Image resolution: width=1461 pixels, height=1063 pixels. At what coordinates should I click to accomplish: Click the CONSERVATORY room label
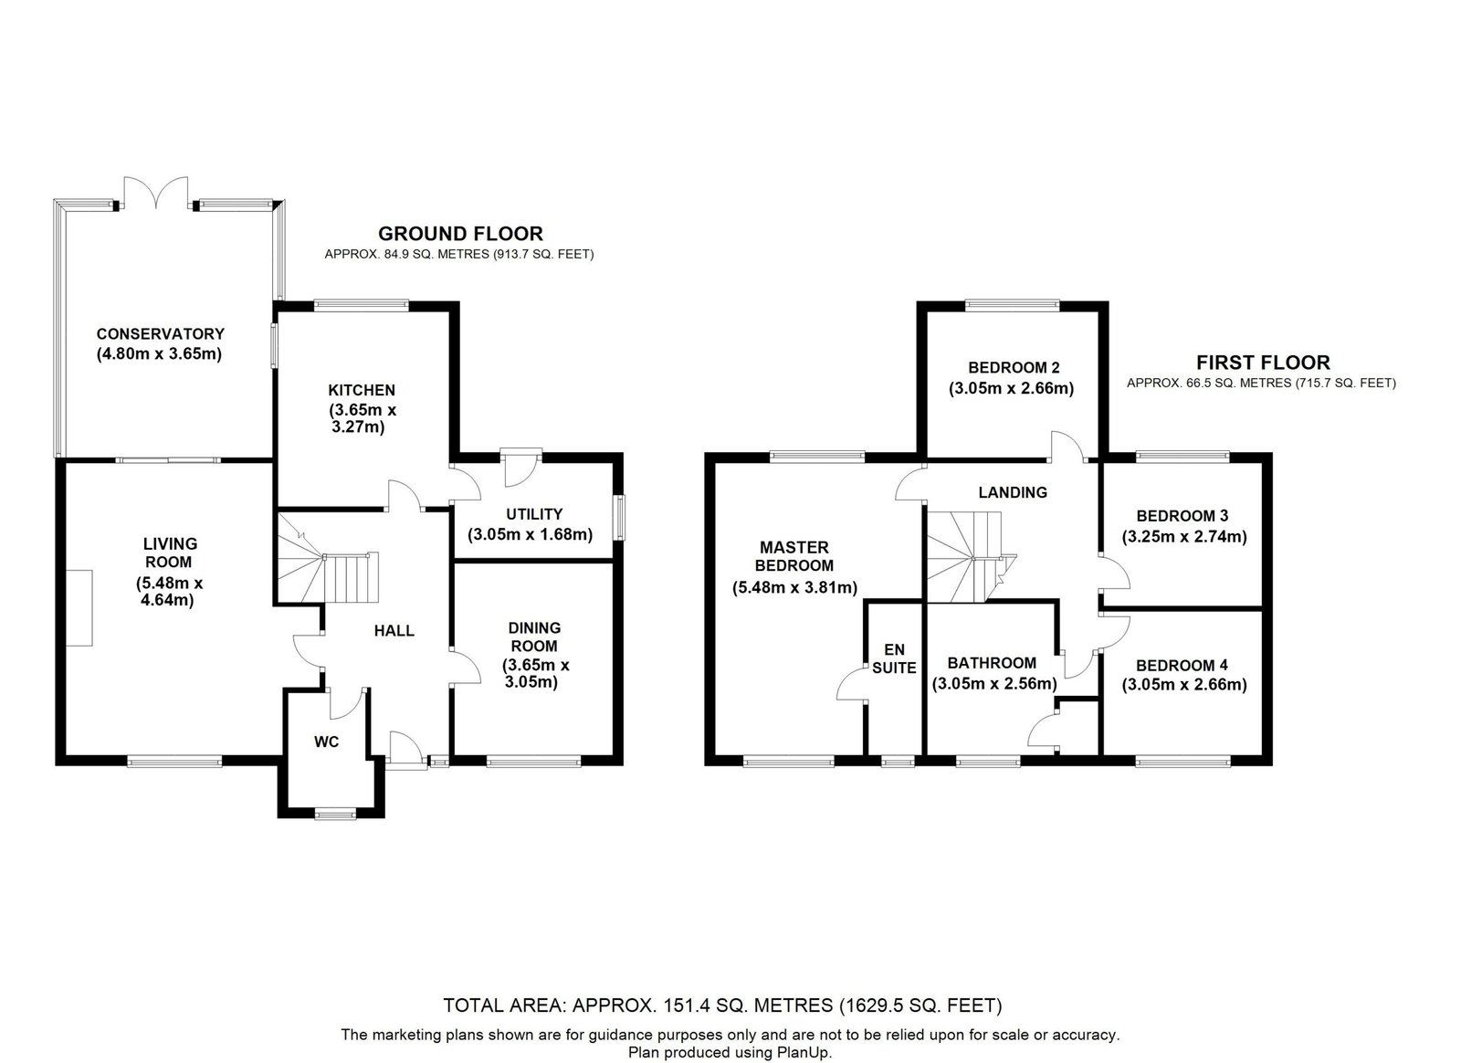pos(161,334)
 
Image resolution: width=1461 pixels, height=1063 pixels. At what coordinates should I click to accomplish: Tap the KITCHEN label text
pos(362,390)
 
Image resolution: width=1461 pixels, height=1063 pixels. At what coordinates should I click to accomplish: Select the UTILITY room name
pos(534,514)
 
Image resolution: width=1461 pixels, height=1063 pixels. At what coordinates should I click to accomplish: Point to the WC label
pos(326,742)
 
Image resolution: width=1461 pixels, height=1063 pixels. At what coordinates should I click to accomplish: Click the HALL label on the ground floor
pos(394,631)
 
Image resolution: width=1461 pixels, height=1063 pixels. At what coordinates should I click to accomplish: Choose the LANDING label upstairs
pos(1013,492)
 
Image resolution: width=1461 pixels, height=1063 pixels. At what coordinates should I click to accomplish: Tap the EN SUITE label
pos(894,658)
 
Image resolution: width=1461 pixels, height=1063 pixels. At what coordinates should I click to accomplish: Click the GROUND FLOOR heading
pos(460,234)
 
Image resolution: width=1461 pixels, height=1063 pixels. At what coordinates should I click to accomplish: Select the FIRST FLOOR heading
pos(1264,363)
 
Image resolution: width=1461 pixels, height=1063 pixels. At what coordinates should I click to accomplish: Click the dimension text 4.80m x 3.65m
pos(160,354)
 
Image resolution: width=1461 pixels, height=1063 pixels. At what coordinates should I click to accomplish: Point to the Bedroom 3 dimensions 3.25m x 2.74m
pos(1184,537)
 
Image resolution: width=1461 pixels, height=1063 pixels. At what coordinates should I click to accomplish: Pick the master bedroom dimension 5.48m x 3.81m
pos(794,587)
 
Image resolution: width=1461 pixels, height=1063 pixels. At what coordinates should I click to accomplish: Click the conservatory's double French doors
pos(156,193)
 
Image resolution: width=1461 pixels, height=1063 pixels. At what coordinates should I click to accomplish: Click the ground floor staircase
pos(325,559)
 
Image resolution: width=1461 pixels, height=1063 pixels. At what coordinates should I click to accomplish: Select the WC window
pos(335,813)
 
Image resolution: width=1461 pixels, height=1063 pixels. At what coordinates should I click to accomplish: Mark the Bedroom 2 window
pos(1013,304)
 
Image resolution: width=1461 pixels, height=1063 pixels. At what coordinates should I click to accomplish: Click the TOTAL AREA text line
pos(722,1005)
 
